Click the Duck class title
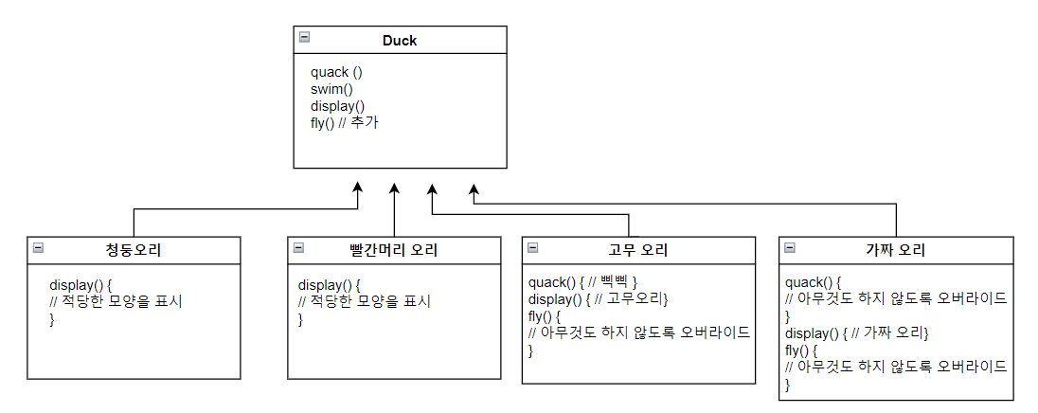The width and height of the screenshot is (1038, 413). (x=399, y=41)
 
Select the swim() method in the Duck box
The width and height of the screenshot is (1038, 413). (x=331, y=89)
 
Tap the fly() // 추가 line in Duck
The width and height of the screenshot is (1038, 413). (x=344, y=123)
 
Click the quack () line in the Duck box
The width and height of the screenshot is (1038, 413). (x=336, y=72)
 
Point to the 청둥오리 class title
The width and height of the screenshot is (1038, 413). (x=134, y=250)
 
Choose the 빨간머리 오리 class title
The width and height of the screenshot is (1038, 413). (x=393, y=250)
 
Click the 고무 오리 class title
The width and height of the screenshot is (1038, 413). (x=637, y=250)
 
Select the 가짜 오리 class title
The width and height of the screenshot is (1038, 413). (x=895, y=250)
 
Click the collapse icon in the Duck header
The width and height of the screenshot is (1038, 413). (x=304, y=37)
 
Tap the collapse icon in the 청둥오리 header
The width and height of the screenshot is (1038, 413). (x=38, y=247)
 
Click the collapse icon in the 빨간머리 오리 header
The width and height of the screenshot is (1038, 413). (x=297, y=247)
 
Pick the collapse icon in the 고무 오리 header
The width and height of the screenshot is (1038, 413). (x=532, y=247)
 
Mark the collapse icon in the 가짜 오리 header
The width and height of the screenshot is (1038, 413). (x=790, y=247)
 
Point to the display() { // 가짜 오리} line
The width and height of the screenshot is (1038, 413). (x=857, y=333)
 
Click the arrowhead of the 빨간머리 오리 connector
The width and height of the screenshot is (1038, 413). (x=394, y=189)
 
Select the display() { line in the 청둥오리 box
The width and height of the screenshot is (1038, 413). (x=81, y=284)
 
